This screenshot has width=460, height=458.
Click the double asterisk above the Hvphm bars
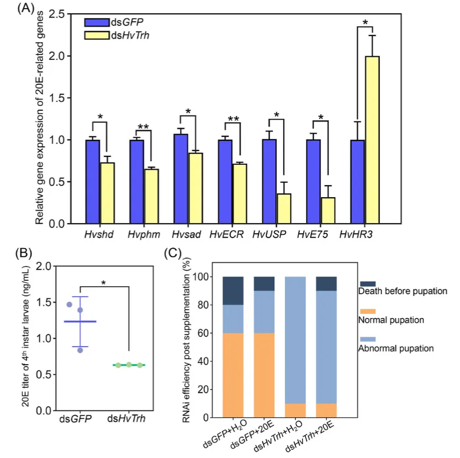click(x=144, y=127)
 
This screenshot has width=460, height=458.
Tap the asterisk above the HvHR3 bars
click(x=365, y=23)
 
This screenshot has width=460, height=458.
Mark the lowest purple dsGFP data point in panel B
click(x=80, y=350)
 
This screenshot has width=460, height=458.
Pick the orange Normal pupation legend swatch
click(x=367, y=311)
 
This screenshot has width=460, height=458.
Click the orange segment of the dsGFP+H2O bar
click(x=232, y=375)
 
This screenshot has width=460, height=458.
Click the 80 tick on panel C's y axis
click(x=209, y=305)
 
